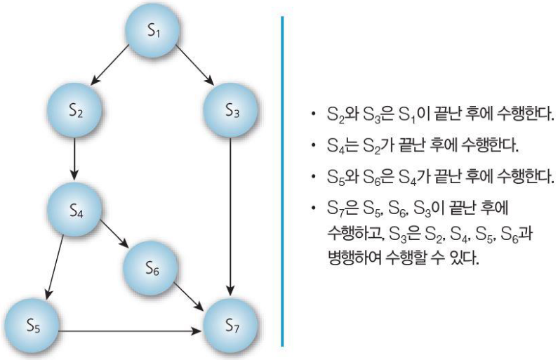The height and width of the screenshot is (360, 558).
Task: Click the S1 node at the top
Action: tap(153, 31)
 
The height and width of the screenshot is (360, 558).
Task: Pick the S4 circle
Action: tap(75, 208)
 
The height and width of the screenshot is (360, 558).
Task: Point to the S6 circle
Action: tap(152, 267)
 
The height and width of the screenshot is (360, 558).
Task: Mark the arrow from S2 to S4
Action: tap(75, 159)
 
